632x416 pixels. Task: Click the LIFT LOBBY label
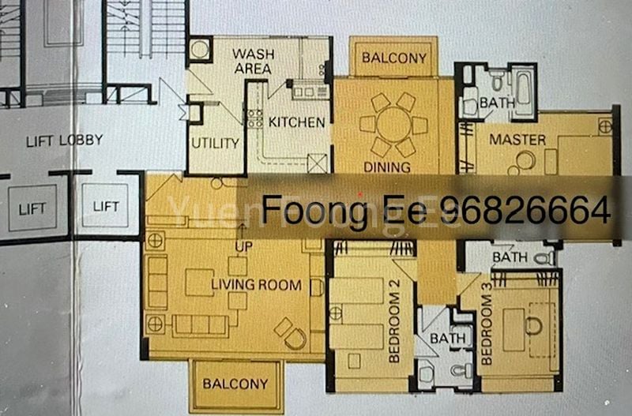coord(64,141)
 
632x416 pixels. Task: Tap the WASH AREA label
coord(252,62)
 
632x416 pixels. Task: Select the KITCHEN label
coord(296,122)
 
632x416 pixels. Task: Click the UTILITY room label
coord(215,143)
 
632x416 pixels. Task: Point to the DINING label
coord(386,167)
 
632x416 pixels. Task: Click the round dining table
coord(393,125)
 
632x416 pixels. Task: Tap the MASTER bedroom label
coord(517,140)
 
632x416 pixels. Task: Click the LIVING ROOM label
coord(256,285)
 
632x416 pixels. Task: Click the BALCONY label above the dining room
coord(394,58)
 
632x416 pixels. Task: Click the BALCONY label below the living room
coord(235,384)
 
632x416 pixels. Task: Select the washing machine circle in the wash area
coord(199,50)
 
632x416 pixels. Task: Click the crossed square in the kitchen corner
coord(317,163)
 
